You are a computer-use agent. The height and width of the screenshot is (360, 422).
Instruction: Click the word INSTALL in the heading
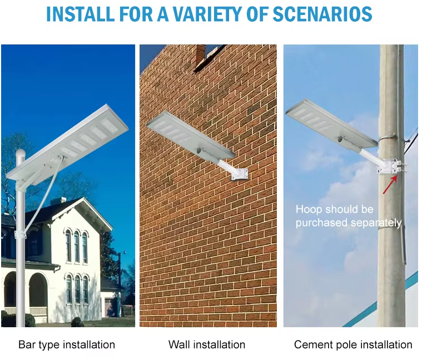(x=80, y=14)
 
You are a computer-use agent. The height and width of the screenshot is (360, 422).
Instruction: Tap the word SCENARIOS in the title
(x=322, y=14)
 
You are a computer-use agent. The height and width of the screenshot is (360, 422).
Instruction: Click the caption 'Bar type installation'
(x=67, y=344)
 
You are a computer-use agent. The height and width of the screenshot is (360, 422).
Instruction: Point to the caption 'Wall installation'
(x=207, y=344)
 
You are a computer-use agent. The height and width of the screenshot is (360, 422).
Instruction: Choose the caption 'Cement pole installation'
(x=353, y=344)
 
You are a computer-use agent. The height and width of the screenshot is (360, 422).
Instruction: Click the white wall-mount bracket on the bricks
(x=240, y=174)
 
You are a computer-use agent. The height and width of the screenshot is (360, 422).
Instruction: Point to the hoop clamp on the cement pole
(x=391, y=167)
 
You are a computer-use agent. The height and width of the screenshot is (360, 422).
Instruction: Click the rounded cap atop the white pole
(x=20, y=154)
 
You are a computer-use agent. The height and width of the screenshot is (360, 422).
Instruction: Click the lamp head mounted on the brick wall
(x=191, y=134)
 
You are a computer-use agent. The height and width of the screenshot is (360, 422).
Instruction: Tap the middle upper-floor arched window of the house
(x=77, y=247)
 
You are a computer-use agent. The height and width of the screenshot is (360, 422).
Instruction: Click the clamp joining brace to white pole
(x=21, y=234)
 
